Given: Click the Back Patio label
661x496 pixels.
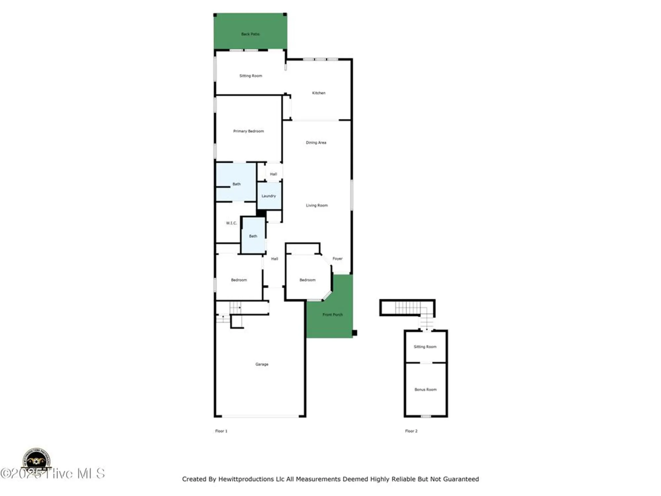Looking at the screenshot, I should click(x=250, y=34).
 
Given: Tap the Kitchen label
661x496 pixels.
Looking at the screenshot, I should click(x=319, y=93).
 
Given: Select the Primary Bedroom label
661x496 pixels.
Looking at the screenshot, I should click(x=249, y=131).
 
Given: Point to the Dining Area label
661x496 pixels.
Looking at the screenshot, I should click(x=316, y=143).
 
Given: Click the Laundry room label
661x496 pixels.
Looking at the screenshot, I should click(x=268, y=196).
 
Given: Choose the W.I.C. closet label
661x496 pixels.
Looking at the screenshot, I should click(x=231, y=223).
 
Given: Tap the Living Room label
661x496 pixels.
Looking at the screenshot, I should click(x=317, y=205).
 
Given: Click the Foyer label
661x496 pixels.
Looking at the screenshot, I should click(x=337, y=259).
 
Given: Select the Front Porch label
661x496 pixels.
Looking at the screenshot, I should click(x=332, y=314).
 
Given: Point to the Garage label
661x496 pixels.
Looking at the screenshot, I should click(x=262, y=364).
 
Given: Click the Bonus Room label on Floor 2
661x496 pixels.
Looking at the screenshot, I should click(x=425, y=390).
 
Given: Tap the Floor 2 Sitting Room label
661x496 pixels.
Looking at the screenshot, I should click(x=425, y=347).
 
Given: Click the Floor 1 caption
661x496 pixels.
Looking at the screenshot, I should click(x=221, y=431).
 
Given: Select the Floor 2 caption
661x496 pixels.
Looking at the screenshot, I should click(x=411, y=431).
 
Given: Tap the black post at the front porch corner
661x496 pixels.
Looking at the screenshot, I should click(x=354, y=333).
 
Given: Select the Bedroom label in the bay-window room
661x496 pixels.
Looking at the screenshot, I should click(x=307, y=280).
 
